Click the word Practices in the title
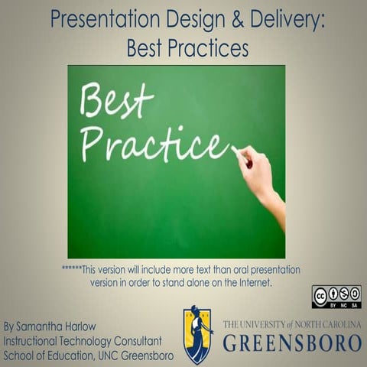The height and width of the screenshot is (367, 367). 207,48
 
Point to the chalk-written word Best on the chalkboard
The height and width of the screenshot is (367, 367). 116,99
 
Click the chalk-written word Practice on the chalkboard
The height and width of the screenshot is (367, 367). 153,144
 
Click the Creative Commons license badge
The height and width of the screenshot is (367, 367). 336,297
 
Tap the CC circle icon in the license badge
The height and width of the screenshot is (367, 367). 320,294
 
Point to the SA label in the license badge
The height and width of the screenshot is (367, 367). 352,304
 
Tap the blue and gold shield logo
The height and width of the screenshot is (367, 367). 197,334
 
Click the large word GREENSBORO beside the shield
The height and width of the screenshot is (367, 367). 291,343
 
